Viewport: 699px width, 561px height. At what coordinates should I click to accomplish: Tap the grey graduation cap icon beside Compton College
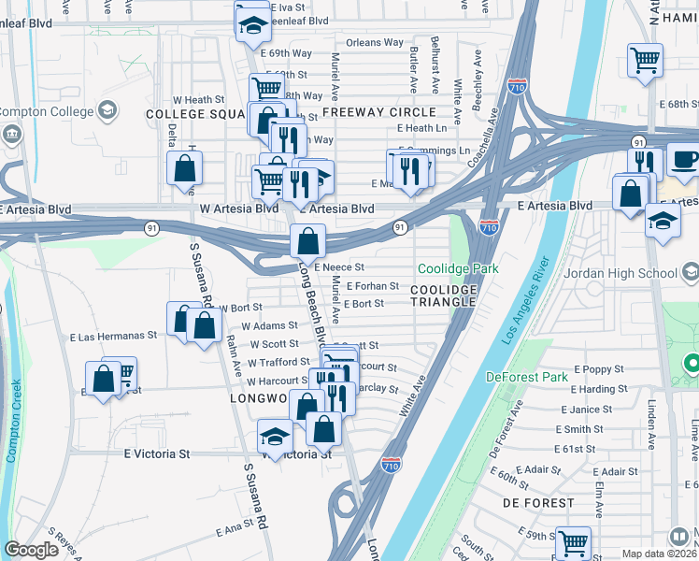click(x=106, y=111)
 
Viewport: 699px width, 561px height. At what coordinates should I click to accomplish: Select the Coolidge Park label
click(x=458, y=268)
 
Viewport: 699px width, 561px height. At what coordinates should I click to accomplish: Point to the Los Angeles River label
click(x=526, y=309)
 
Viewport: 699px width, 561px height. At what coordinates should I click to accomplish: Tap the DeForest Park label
click(x=528, y=377)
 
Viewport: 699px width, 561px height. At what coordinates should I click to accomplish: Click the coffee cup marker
click(x=684, y=159)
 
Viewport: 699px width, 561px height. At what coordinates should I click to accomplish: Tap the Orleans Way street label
click(x=374, y=43)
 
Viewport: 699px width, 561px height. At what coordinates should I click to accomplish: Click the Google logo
click(x=31, y=550)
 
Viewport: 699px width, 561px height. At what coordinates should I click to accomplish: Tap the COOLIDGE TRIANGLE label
click(x=444, y=296)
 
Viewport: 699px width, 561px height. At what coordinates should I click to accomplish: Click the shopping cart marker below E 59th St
click(x=572, y=542)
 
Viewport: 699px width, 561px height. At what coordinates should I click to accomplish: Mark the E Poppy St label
click(x=592, y=370)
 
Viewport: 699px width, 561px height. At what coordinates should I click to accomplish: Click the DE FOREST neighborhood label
click(x=537, y=503)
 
